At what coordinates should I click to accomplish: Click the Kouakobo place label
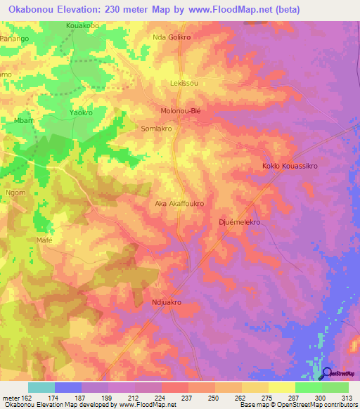(x=82, y=25)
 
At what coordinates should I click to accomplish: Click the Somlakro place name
(x=157, y=129)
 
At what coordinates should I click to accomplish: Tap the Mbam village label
(x=24, y=121)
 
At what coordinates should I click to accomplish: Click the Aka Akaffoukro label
(x=179, y=204)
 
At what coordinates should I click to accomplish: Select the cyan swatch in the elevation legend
(x=41, y=387)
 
